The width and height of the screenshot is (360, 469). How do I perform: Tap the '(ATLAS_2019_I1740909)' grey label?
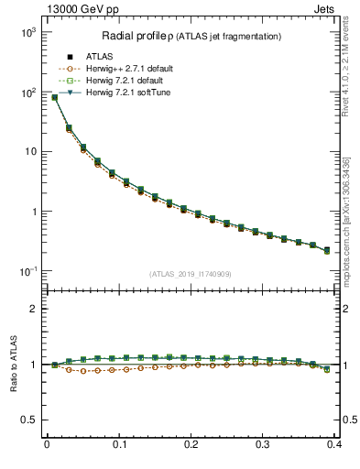[x=191, y=274]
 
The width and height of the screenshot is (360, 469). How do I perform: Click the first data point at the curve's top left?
[x=54, y=97]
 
